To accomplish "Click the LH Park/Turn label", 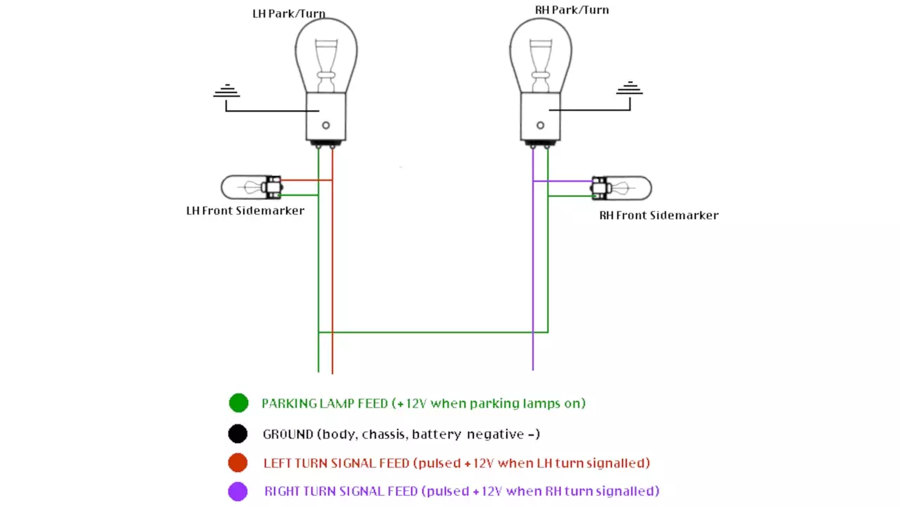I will click(289, 14).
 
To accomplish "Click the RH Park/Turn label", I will click(572, 10).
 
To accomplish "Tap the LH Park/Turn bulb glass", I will click(326, 53).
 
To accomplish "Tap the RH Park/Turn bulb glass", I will click(540, 53).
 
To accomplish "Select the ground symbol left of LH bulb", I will click(226, 92).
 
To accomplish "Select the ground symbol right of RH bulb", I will click(629, 89).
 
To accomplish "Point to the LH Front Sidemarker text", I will click(245, 211).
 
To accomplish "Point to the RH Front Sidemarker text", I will click(658, 215).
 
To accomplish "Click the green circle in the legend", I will click(238, 403).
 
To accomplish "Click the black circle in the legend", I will click(238, 433).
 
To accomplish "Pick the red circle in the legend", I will click(238, 463).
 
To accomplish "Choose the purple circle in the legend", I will click(238, 491).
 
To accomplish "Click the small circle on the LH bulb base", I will click(326, 125).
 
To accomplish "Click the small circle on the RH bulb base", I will click(540, 125).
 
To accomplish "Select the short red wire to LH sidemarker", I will click(307, 180).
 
